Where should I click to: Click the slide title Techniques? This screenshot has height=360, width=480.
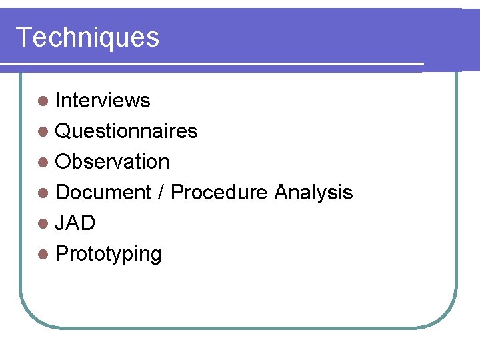tap(87, 37)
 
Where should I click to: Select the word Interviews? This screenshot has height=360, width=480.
tap(103, 101)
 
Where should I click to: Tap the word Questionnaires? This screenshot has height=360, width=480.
tap(127, 131)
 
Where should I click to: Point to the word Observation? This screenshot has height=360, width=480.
tap(113, 162)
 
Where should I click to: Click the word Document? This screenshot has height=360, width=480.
tap(104, 193)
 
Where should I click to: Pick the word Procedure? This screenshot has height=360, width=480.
tap(219, 193)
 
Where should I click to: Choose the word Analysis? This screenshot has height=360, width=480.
tap(313, 193)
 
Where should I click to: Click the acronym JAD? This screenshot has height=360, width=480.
tap(75, 223)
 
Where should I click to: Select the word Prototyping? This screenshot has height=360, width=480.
tap(109, 254)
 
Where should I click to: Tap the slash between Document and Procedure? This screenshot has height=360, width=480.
tap(161, 193)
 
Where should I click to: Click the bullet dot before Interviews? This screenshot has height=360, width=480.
tap(43, 101)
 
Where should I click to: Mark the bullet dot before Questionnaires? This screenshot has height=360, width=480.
tap(43, 132)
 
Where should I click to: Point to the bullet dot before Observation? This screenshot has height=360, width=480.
tap(43, 163)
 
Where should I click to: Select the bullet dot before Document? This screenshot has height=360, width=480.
tap(43, 193)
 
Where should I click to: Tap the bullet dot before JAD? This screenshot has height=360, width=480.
tap(43, 224)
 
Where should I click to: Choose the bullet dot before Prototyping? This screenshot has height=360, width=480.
tap(43, 255)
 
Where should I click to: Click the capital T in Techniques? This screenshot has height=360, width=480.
tap(24, 37)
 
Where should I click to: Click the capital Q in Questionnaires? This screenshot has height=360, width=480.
tap(64, 131)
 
